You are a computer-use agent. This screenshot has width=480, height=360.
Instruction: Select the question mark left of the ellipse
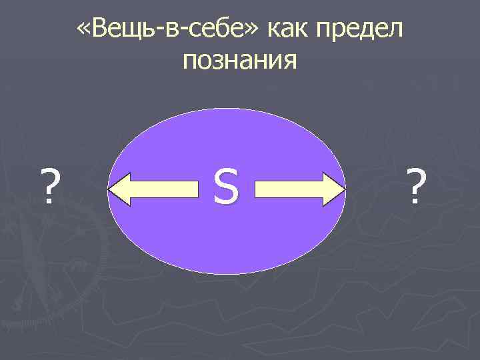[x=47, y=185]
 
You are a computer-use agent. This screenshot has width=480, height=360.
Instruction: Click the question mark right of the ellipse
[x=417, y=185]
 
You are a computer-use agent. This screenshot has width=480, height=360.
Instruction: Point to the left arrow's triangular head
[x=122, y=189]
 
